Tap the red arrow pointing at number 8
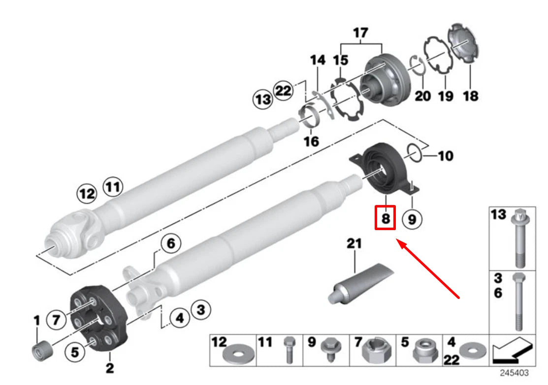pos(428,268)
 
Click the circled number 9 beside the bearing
pos(412,218)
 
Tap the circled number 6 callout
pos(170,243)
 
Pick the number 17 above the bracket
pos(360,33)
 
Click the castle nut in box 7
pos(375,351)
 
